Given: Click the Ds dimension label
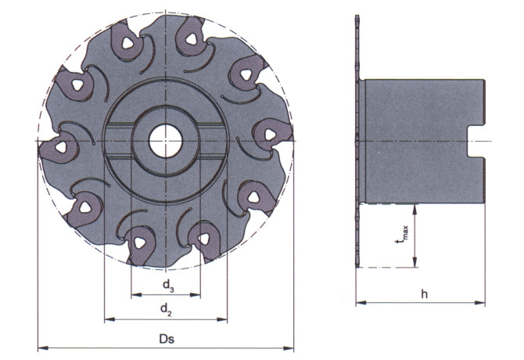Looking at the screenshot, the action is click(x=167, y=339).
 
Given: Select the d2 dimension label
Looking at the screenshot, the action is click(x=166, y=309).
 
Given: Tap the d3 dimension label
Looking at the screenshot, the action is click(x=168, y=286).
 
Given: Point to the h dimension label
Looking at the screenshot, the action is click(x=424, y=294).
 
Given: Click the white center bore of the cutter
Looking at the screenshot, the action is click(x=166, y=141).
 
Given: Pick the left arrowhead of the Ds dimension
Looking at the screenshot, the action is click(x=43, y=348).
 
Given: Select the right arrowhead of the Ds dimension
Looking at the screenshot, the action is click(x=289, y=348).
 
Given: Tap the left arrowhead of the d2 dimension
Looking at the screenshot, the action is click(x=109, y=320).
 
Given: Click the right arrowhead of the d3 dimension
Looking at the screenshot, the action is click(x=196, y=295).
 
